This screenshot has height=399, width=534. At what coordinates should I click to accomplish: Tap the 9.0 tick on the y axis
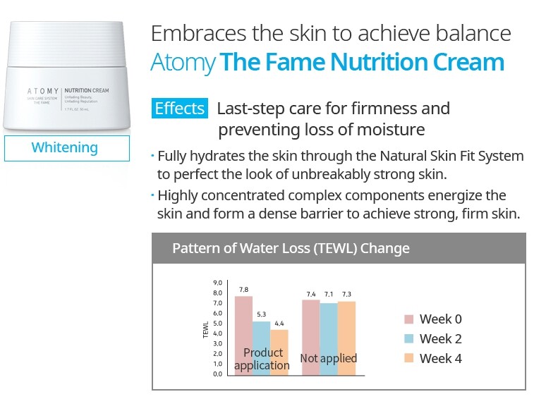tap(217, 283)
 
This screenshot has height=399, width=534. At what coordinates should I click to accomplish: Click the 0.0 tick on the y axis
tap(217, 374)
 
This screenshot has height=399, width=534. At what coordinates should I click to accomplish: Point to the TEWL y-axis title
tap(206, 330)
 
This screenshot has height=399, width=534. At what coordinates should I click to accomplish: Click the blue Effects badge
tap(180, 109)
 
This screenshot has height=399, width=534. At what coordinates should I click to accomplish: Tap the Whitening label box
tap(65, 147)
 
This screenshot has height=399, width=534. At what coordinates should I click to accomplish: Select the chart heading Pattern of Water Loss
tap(291, 249)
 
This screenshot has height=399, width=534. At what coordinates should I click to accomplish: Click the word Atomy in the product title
tap(183, 63)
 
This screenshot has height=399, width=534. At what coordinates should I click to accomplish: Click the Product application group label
tap(262, 359)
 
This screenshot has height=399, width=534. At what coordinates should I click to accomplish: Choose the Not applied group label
tap(329, 358)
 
